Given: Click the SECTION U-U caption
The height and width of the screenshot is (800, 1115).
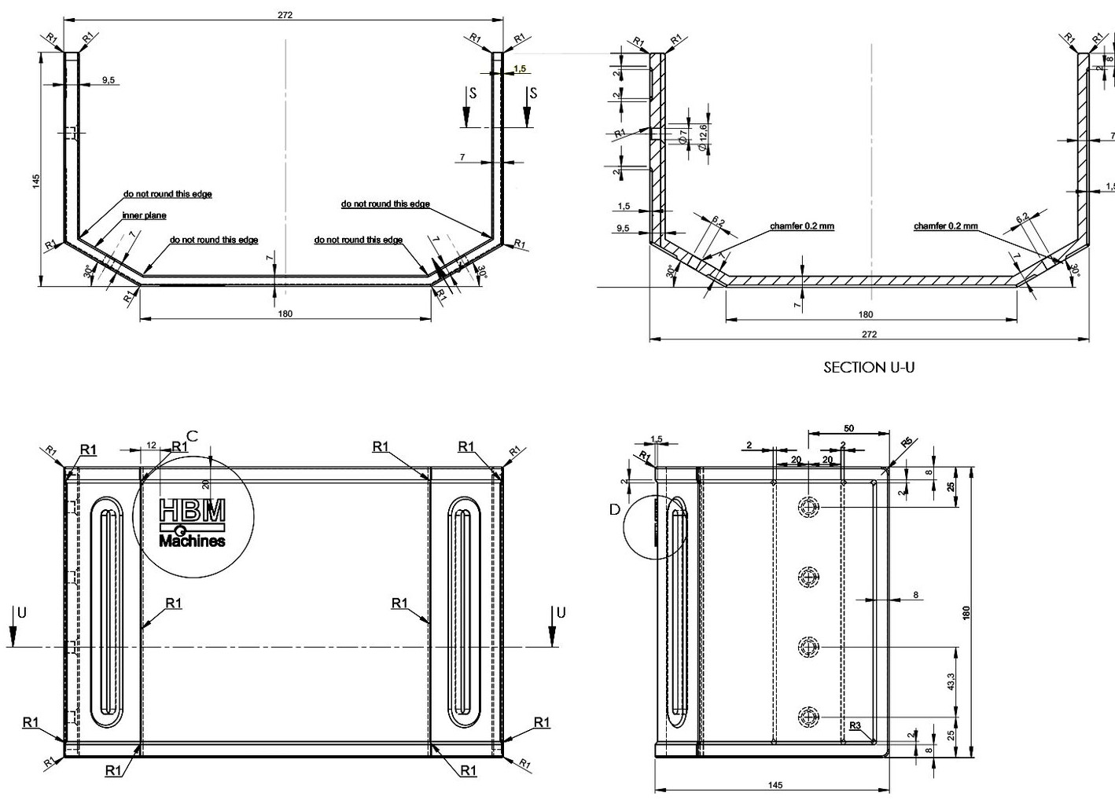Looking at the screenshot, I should pyautogui.click(x=869, y=367).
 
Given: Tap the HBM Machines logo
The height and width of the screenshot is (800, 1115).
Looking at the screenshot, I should pyautogui.click(x=192, y=522).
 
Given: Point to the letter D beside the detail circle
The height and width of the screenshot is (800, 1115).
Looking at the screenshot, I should pyautogui.click(x=615, y=510).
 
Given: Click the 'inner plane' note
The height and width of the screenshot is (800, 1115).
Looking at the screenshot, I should pyautogui.click(x=144, y=215).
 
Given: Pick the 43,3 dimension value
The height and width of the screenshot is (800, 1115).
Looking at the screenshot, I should pyautogui.click(x=951, y=681).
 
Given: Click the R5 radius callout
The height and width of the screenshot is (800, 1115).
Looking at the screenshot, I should pyautogui.click(x=907, y=442).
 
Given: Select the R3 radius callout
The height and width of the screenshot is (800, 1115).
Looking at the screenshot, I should pyautogui.click(x=856, y=725).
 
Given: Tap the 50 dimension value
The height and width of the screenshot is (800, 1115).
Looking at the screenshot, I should pyautogui.click(x=849, y=429).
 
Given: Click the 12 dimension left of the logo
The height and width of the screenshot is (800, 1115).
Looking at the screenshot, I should pyautogui.click(x=151, y=446).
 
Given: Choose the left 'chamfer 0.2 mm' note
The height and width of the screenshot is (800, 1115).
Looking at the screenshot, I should pyautogui.click(x=802, y=226).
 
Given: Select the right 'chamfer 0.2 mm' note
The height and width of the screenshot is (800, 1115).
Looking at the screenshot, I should pyautogui.click(x=945, y=226).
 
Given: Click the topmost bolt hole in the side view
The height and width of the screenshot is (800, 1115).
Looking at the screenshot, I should pyautogui.click(x=808, y=508).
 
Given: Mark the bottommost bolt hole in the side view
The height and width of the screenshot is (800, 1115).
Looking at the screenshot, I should pyautogui.click(x=808, y=716).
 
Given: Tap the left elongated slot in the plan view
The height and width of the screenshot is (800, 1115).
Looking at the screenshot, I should pyautogui.click(x=108, y=611).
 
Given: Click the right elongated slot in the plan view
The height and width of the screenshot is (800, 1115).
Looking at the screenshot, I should pyautogui.click(x=463, y=611).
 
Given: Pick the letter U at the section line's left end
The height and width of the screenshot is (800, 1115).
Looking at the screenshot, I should pyautogui.click(x=22, y=613).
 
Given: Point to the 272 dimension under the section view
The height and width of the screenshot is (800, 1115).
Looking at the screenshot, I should pyautogui.click(x=869, y=334).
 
